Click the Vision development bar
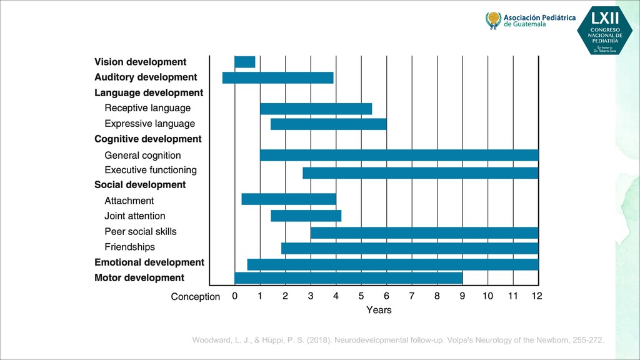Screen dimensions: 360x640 pyautogui.click(x=244, y=62)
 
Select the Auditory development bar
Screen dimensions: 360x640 pyautogui.click(x=277, y=77)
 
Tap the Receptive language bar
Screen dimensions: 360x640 pyautogui.click(x=316, y=109)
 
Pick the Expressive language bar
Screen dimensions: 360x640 pyautogui.click(x=328, y=124)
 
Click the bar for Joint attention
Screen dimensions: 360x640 pyautogui.click(x=306, y=216)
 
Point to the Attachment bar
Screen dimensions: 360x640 pyautogui.click(x=289, y=199)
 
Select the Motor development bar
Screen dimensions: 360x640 pyautogui.click(x=348, y=277)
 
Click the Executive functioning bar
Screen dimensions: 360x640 pyautogui.click(x=420, y=172)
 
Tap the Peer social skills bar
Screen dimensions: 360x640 pyautogui.click(x=424, y=232)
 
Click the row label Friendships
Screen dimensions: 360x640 pyautogui.click(x=129, y=247)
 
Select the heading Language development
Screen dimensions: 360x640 pyautogui.click(x=149, y=92)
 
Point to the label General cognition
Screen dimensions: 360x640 pyautogui.click(x=142, y=155)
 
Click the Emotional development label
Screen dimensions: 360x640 pyautogui.click(x=149, y=262)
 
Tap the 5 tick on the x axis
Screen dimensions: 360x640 pyautogui.click(x=361, y=296)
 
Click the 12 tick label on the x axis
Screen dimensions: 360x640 pyautogui.click(x=537, y=296)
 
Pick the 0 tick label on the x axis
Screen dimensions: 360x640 pyautogui.click(x=234, y=296)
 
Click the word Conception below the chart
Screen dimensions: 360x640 pyautogui.click(x=196, y=297)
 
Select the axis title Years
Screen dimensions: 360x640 pyautogui.click(x=379, y=310)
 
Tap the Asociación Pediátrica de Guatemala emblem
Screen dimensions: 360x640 pyautogui.click(x=493, y=21)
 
